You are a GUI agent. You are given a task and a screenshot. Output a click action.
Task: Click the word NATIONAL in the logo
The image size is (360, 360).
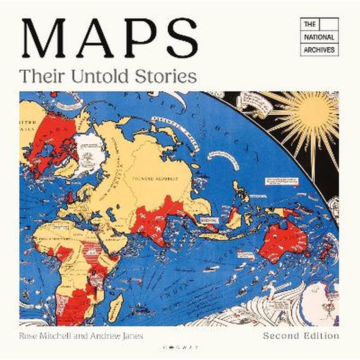pos(319,36)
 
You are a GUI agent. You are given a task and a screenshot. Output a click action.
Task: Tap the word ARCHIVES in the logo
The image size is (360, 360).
pos(319,49)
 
